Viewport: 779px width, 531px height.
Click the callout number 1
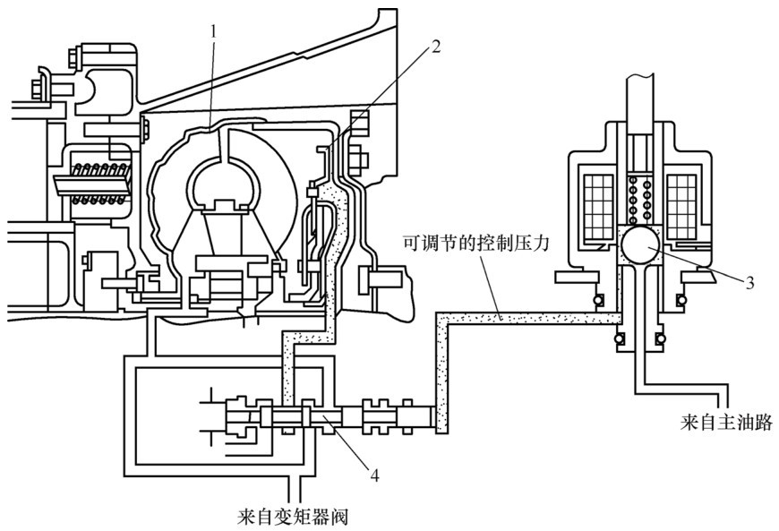click(x=214, y=32)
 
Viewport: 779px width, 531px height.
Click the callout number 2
click(x=435, y=47)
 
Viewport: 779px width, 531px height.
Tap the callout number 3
click(x=749, y=283)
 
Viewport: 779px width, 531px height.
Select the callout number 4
click(x=374, y=475)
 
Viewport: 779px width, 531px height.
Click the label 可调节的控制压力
click(x=475, y=243)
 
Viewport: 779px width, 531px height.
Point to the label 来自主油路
click(x=726, y=423)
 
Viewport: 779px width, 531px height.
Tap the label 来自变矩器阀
click(x=293, y=517)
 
